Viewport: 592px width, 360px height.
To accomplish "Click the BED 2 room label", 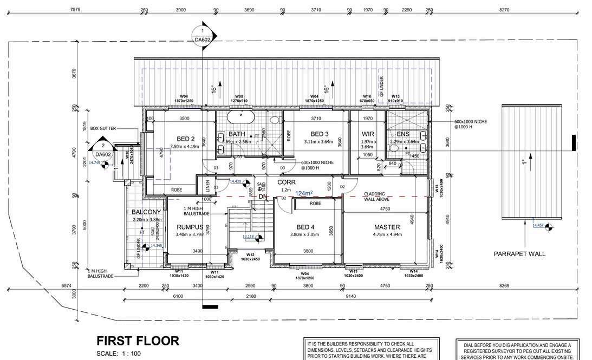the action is [x=178, y=139].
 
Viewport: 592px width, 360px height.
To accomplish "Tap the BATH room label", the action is [x=237, y=134].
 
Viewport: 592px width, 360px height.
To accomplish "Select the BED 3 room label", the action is [x=320, y=134].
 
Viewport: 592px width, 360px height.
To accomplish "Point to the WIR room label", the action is [x=368, y=134].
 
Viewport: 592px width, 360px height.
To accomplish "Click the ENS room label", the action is [x=404, y=134].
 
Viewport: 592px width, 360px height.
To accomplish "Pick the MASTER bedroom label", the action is [x=387, y=227].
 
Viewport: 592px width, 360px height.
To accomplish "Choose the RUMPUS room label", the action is [x=189, y=227].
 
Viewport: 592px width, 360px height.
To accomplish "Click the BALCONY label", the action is [x=146, y=212].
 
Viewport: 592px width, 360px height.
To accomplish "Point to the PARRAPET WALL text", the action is [x=519, y=253].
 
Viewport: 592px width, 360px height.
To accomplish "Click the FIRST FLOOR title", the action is [x=138, y=341].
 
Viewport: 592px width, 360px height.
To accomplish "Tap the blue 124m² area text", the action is [x=304, y=193].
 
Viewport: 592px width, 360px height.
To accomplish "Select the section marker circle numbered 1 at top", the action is [x=203, y=32].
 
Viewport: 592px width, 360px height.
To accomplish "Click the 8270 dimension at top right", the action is [x=504, y=10].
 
